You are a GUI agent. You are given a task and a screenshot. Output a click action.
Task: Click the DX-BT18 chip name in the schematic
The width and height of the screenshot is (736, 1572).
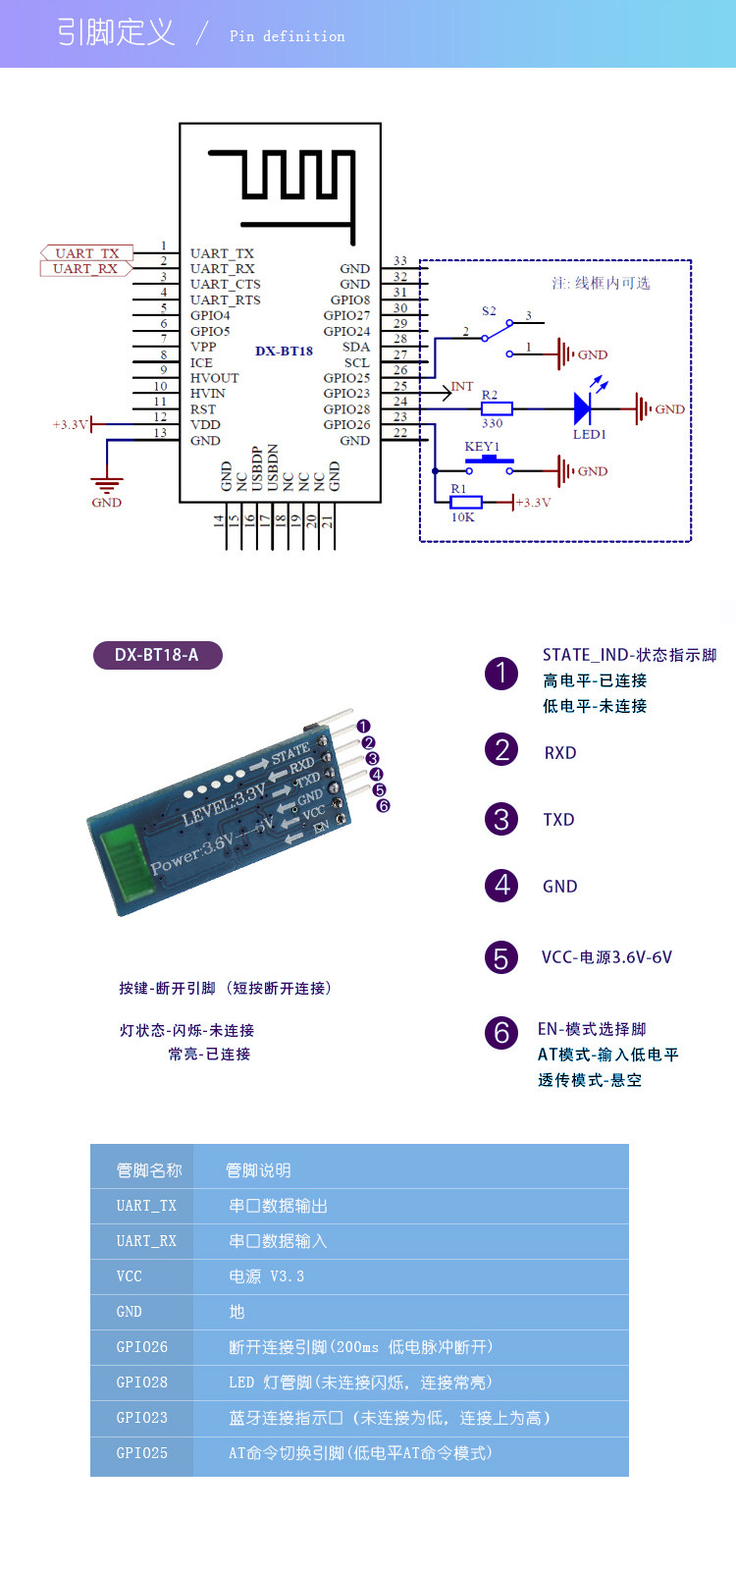tap(285, 351)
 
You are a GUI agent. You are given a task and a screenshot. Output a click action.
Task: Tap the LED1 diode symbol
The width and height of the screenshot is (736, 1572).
tap(582, 408)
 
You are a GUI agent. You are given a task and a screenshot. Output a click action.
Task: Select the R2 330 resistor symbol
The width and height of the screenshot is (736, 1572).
tap(497, 408)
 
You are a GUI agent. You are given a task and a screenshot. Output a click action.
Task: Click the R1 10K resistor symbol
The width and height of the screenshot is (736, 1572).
tap(466, 502)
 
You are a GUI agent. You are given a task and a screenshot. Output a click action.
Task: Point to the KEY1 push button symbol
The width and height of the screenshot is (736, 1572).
tap(489, 464)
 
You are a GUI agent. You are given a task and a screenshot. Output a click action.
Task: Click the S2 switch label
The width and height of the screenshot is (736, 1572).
tap(489, 311)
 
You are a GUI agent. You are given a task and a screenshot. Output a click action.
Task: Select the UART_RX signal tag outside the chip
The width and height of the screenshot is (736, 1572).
tap(85, 269)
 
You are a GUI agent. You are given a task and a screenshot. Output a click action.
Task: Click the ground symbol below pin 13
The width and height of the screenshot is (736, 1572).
tap(107, 484)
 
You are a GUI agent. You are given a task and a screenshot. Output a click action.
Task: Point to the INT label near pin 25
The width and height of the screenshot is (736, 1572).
tap(461, 386)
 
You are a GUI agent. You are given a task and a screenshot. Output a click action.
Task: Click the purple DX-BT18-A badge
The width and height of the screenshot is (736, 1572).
tap(158, 655)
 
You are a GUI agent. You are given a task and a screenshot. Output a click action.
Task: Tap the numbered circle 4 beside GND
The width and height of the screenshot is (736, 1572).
tap(500, 886)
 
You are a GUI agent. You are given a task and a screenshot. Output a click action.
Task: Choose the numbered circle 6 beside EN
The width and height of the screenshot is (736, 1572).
tap(500, 1033)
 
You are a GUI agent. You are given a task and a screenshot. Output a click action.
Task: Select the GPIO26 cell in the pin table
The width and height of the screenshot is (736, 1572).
tap(141, 1347)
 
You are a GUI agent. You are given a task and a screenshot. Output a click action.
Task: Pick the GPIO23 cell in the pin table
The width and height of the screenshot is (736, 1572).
tap(141, 1418)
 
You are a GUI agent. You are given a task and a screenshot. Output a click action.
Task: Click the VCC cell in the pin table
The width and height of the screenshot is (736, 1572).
tap(141, 1275)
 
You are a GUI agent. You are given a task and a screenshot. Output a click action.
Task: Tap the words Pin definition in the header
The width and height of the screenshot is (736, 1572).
tap(287, 35)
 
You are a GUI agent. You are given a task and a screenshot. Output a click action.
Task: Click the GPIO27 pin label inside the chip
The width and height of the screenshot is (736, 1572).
tap(346, 315)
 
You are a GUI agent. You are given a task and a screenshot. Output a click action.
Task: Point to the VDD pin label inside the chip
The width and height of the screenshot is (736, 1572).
tap(205, 424)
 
